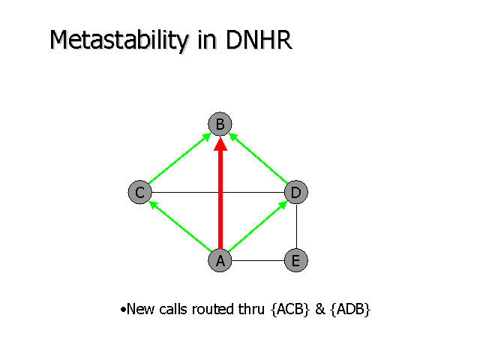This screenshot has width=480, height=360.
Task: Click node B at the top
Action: point(220,124)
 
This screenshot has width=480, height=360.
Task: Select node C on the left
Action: point(139,192)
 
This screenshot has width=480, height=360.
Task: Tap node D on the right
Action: point(296,192)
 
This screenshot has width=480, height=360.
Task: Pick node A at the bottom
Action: point(220,260)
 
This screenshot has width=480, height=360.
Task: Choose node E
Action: point(295,260)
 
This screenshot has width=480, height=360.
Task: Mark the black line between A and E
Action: point(257,260)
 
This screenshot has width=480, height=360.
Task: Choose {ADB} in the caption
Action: point(350,309)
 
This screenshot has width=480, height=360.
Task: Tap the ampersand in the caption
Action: point(319,309)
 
